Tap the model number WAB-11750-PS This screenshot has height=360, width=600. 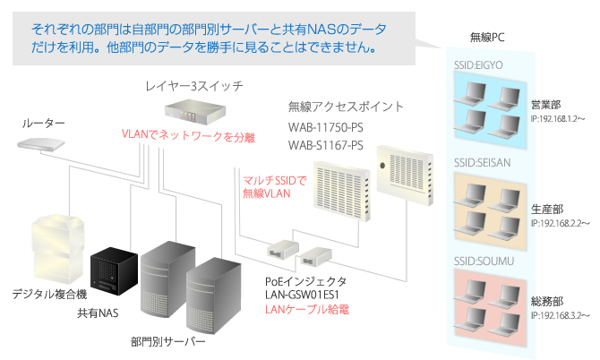[326, 127]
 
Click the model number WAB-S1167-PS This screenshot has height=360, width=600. [326, 144]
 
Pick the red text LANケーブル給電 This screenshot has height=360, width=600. [306, 309]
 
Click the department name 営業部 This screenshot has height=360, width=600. [545, 104]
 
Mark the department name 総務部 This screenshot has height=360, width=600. [545, 302]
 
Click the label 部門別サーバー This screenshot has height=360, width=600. [167, 342]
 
